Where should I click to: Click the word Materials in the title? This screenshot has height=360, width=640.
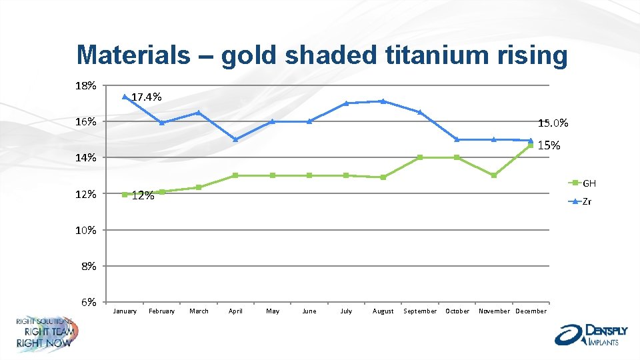click(133, 55)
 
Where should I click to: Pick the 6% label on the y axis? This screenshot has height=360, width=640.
click(89, 302)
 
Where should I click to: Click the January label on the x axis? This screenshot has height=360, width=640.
click(125, 311)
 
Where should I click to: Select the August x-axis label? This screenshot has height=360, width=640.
click(383, 311)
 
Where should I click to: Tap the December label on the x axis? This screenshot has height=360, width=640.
click(531, 311)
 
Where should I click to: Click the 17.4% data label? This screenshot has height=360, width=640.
click(146, 97)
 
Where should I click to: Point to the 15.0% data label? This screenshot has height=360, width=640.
click(553, 123)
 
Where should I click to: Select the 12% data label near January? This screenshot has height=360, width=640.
click(143, 196)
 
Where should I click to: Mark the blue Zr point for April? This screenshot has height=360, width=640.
click(235, 139)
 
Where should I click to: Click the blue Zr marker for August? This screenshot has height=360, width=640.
click(383, 101)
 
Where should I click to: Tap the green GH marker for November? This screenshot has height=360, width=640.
click(494, 175)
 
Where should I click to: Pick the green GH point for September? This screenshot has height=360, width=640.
click(420, 157)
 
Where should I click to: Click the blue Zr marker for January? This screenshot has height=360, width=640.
click(125, 97)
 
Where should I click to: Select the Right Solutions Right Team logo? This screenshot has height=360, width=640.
click(46, 333)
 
